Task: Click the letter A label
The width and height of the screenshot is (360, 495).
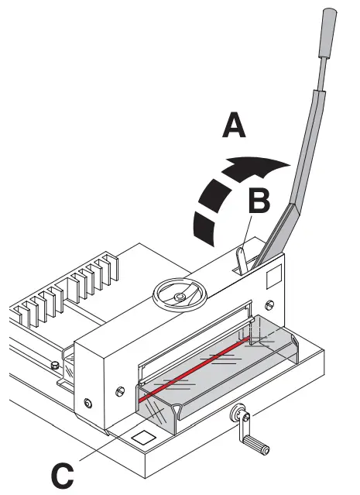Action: click(x=233, y=123)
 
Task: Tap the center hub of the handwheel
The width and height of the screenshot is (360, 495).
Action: click(x=180, y=295)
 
